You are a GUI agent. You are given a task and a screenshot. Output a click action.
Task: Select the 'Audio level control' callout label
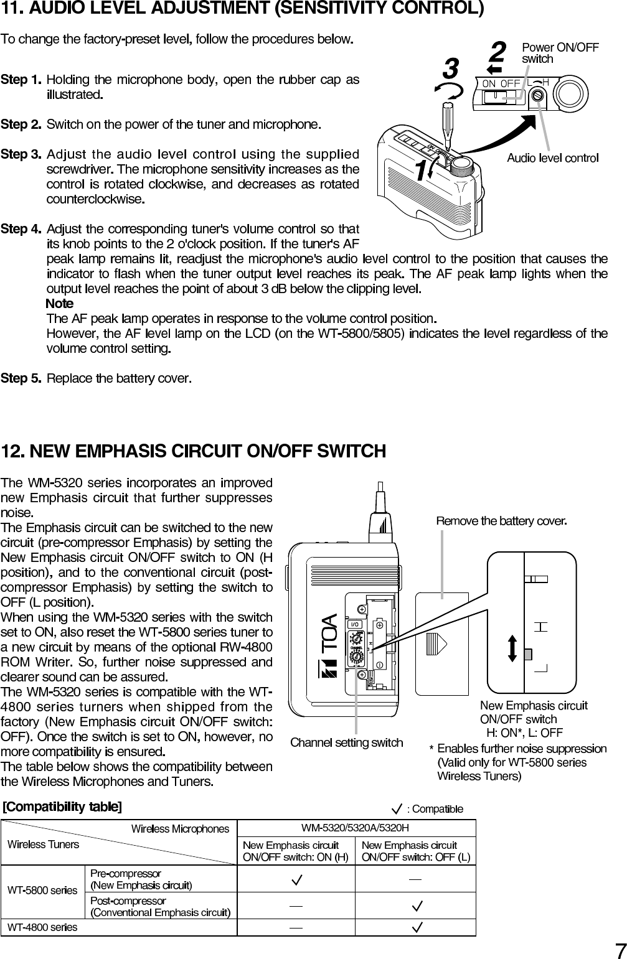pyautogui.click(x=552, y=158)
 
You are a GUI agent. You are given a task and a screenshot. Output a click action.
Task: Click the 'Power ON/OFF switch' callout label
pyautogui.click(x=560, y=53)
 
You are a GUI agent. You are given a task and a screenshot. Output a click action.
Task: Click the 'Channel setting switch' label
pyautogui.click(x=347, y=742)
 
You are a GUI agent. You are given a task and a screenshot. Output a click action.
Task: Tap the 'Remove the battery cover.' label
pyautogui.click(x=501, y=520)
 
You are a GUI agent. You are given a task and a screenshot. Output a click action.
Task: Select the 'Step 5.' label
pyautogui.click(x=22, y=378)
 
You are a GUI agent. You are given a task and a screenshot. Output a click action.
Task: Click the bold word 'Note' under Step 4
pyautogui.click(x=60, y=304)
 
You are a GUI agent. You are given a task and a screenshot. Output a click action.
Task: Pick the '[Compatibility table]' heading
pyautogui.click(x=62, y=807)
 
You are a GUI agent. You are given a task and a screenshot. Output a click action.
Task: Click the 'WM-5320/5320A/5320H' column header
pyautogui.click(x=356, y=828)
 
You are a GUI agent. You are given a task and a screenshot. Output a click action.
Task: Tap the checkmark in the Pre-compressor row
pyautogui.click(x=297, y=879)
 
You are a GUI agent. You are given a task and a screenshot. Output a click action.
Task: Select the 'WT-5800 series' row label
pyautogui.click(x=42, y=891)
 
